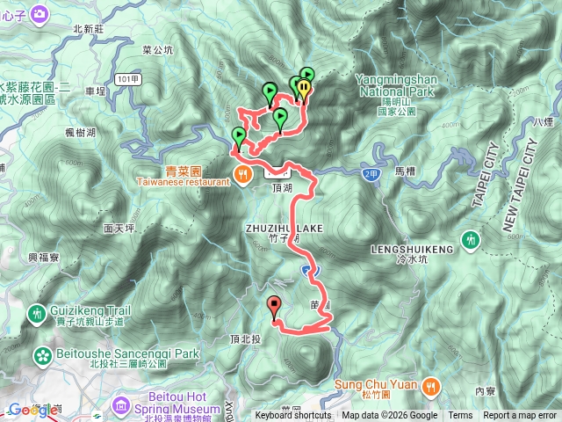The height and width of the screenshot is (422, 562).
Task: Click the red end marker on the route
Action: coord(274,307)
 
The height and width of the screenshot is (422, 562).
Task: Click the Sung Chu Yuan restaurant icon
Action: coord(430,384)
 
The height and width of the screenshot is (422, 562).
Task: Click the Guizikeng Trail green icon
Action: coord(38,312)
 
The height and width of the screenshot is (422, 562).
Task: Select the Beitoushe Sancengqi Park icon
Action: coord(43,355)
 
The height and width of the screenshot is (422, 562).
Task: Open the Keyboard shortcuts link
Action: coord(293,416)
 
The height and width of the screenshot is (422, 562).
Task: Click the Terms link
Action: coord(460,416)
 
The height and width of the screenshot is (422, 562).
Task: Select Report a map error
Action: coord(521,416)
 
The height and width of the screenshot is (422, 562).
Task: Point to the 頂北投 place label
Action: coord(244,339)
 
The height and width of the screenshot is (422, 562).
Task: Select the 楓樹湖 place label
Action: coord(81,132)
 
